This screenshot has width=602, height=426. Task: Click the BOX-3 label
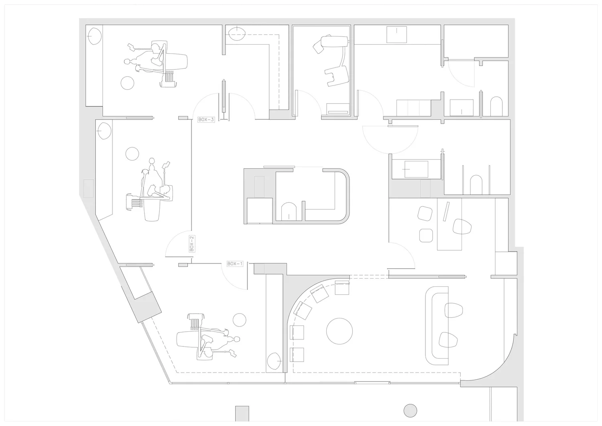tap(206, 120)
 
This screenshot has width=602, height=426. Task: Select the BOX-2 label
tap(192, 244)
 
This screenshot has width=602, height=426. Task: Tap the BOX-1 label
tap(235, 264)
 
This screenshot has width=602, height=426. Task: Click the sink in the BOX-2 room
tap(104, 131)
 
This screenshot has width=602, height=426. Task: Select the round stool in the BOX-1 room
tap(239, 320)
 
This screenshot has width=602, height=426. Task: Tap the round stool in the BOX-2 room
tap(132, 153)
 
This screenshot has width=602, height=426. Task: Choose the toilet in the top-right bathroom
tap(496, 106)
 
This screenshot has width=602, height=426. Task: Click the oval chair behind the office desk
tap(462, 227)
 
